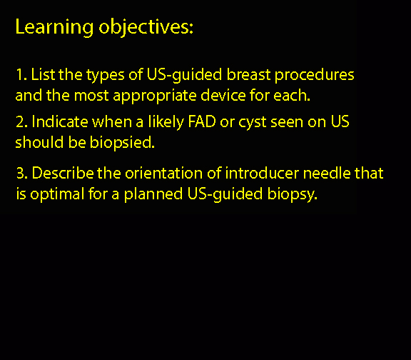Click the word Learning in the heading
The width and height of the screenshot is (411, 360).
click(x=54, y=27)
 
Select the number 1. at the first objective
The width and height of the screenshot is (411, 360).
click(x=21, y=74)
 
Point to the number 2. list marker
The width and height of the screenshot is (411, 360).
click(x=21, y=122)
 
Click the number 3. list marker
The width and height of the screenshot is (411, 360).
click(x=22, y=173)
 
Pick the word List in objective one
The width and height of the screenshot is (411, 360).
click(x=43, y=74)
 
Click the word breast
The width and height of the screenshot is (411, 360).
click(x=248, y=74)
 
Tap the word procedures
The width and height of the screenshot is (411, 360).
click(x=314, y=76)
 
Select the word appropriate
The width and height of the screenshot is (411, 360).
click(x=155, y=96)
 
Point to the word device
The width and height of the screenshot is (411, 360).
click(x=223, y=95)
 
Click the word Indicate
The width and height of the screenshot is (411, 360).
click(x=60, y=121)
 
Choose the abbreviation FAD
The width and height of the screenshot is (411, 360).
click(x=202, y=121)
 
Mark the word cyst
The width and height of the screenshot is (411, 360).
click(x=252, y=123)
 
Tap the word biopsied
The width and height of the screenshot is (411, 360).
click(x=122, y=143)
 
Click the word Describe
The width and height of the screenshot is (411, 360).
click(x=63, y=173)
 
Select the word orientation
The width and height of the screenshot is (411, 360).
click(x=163, y=173)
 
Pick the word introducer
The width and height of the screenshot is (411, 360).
click(x=262, y=173)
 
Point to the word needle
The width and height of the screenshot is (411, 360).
click(x=327, y=173)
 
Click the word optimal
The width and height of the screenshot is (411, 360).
click(x=57, y=195)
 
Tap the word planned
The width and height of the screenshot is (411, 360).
click(x=153, y=195)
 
